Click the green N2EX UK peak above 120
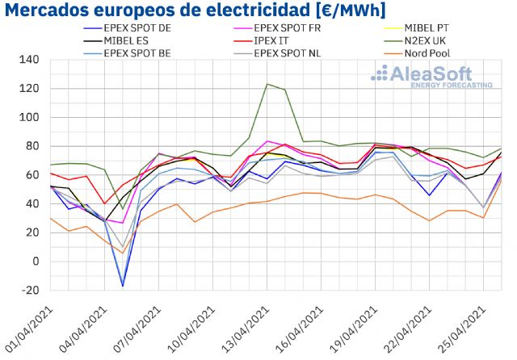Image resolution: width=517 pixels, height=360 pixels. [267, 84]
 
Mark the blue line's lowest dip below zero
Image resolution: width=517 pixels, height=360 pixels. [123, 286]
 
